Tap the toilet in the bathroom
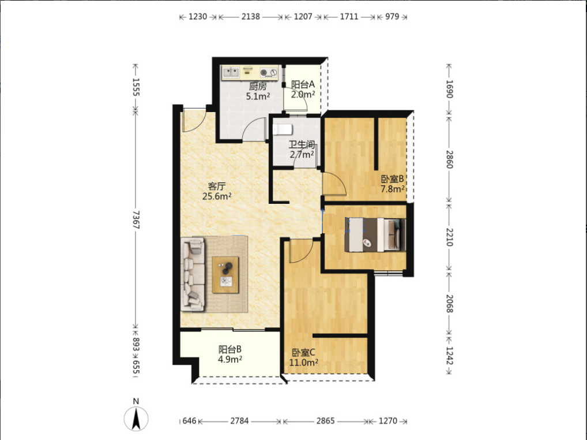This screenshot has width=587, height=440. [x=282, y=130]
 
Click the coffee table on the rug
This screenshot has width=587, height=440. [x=225, y=275]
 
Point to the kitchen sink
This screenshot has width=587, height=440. [x=231, y=72]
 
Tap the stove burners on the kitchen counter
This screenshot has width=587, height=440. [x=269, y=72]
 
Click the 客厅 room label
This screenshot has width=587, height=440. [x=217, y=187]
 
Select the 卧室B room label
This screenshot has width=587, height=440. [x=392, y=179]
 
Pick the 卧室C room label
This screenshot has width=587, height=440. [x=304, y=353]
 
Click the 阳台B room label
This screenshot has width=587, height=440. [x=230, y=349]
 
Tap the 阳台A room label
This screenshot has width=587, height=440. [x=303, y=85]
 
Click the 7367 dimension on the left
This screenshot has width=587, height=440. [x=136, y=219]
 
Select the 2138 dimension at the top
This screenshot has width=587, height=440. [x=250, y=17]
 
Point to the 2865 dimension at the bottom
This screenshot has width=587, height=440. [x=325, y=421]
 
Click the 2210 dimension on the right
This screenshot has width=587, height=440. [x=450, y=237]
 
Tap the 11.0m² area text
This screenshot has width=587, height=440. [x=304, y=363]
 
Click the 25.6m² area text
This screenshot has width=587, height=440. [x=217, y=196]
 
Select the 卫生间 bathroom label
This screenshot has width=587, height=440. [x=302, y=144]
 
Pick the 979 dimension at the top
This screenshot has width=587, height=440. [x=392, y=17]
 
